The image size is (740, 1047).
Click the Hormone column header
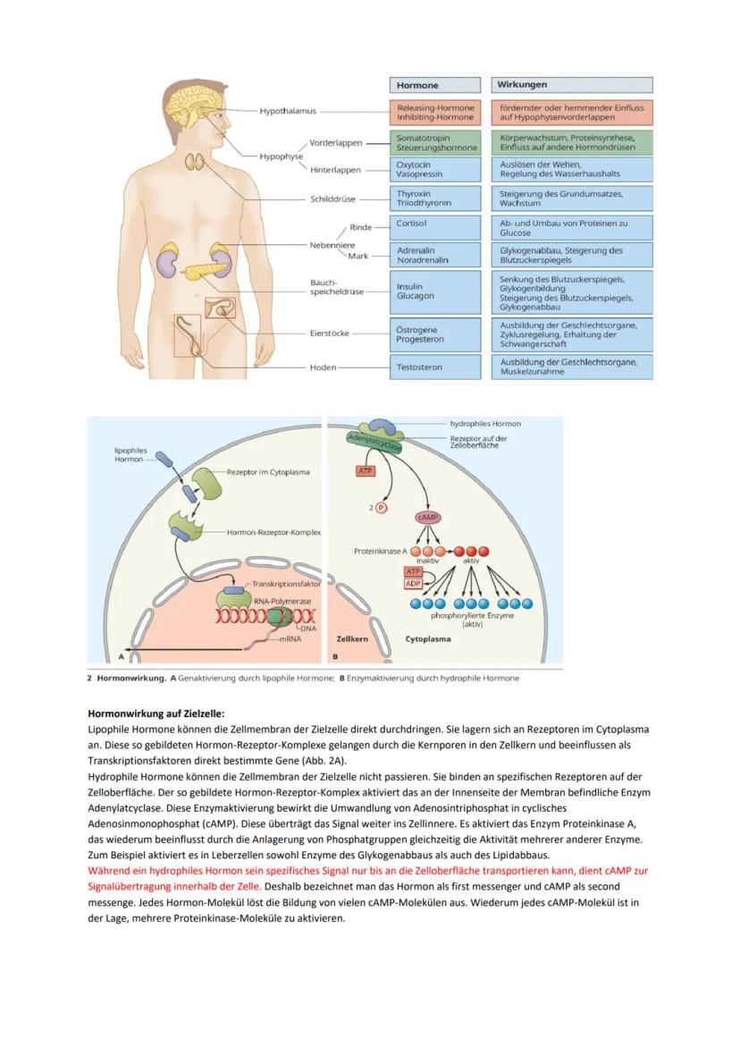tap(433, 85)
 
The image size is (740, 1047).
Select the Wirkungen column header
tap(572, 85)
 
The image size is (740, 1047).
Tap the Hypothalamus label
tap(288, 112)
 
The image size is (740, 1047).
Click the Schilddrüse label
tap(332, 199)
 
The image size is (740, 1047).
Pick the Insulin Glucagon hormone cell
tap(433, 291)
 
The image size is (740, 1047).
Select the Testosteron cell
tap(433, 367)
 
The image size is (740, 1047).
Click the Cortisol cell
tap(433, 224)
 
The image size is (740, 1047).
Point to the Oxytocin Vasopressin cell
tap(433, 170)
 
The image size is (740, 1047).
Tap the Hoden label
tap(323, 367)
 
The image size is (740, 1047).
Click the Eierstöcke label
tap(329, 334)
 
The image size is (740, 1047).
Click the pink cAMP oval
tap(430, 518)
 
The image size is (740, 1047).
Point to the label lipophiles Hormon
tap(131, 454)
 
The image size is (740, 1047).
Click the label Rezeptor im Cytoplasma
tap(268, 472)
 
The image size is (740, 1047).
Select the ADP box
tap(413, 584)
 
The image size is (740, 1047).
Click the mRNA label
tap(290, 639)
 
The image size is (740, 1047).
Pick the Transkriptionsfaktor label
tap(286, 584)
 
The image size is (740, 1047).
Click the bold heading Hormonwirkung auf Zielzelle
tap(156, 713)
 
